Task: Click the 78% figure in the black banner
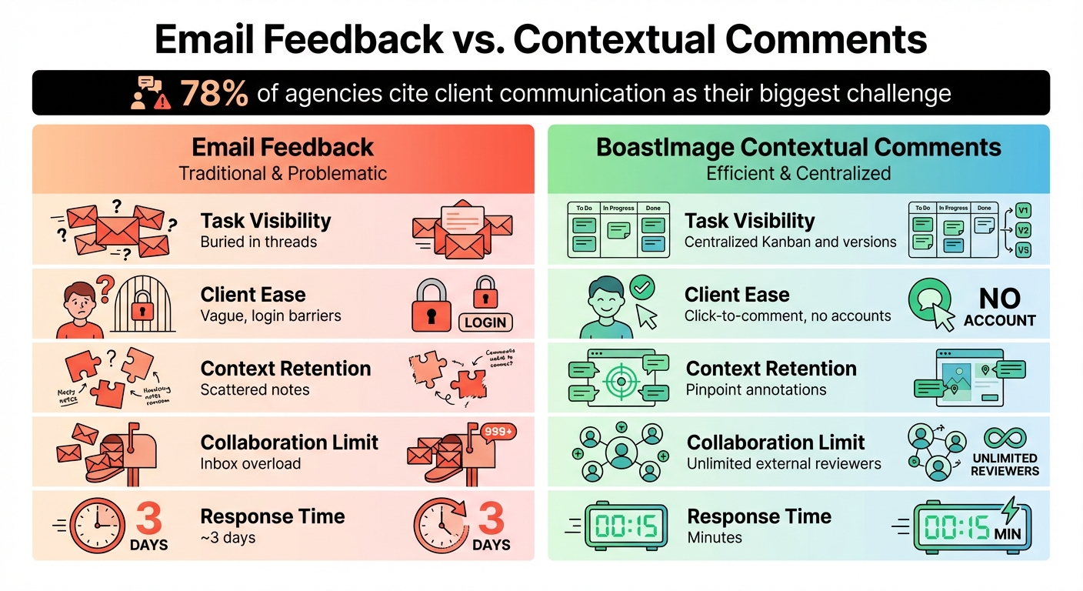pyautogui.click(x=215, y=94)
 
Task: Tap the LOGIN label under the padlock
pyautogui.click(x=485, y=322)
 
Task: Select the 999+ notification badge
pyautogui.click(x=499, y=432)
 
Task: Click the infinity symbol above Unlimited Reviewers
pyautogui.click(x=1004, y=440)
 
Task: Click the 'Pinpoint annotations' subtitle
pyautogui.click(x=755, y=389)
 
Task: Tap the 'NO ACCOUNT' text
pyautogui.click(x=999, y=308)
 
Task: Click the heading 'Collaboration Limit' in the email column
pyautogui.click(x=289, y=442)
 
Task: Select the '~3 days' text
pyautogui.click(x=228, y=537)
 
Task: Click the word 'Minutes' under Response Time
pyautogui.click(x=715, y=537)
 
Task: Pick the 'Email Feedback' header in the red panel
pyautogui.click(x=282, y=147)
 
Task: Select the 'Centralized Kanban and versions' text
pyautogui.click(x=790, y=242)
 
